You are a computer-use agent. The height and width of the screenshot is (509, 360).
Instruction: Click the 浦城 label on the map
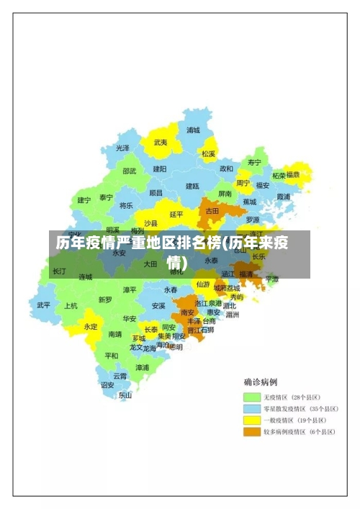point(193,130)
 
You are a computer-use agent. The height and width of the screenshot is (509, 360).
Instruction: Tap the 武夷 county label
point(161,143)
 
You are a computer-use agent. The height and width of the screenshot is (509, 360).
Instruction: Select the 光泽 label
point(123,148)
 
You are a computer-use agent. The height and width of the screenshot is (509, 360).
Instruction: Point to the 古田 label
point(212,211)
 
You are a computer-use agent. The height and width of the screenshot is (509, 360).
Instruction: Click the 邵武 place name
point(129,171)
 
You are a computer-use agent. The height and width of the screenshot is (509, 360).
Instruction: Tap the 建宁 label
point(84,200)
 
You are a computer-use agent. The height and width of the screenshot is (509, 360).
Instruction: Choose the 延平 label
point(176,214)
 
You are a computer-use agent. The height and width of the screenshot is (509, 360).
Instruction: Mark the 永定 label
point(91,326)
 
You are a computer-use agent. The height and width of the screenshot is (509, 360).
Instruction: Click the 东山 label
point(125,395)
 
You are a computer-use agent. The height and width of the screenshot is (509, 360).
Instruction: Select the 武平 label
point(44,305)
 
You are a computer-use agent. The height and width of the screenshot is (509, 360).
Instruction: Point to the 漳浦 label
point(142,367)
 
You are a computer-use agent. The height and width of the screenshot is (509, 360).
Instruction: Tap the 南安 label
point(188,312)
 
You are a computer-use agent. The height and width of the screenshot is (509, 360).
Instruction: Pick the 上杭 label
point(71,305)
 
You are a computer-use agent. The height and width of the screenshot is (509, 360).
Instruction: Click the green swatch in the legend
point(251,397)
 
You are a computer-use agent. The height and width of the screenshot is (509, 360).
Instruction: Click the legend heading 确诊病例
point(261,382)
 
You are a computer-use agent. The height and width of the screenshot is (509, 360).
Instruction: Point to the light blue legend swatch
point(251,408)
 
